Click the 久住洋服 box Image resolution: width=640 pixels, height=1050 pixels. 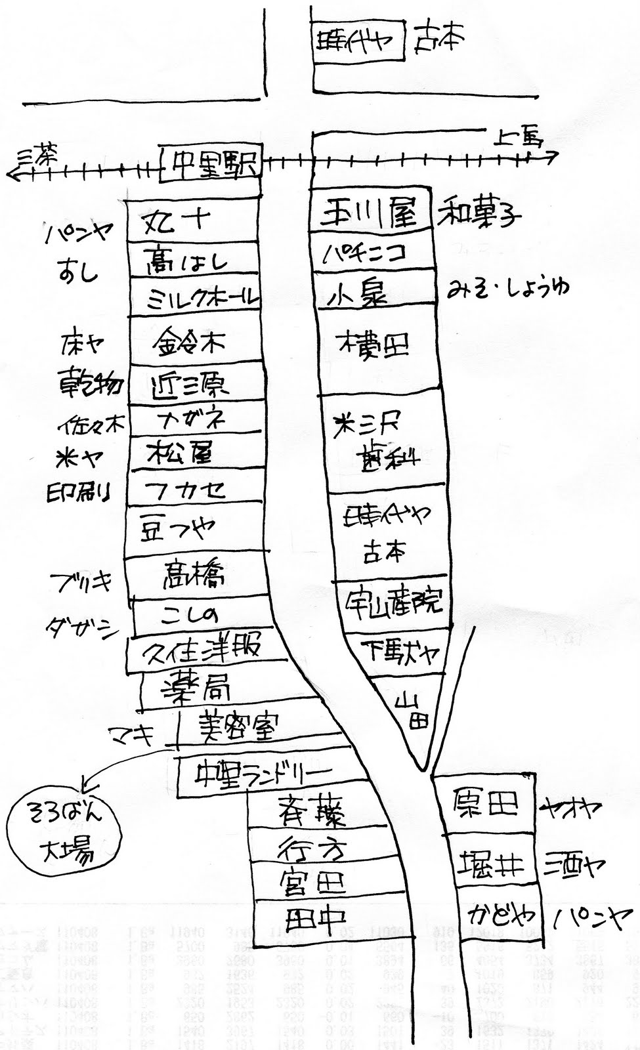coord(203,650)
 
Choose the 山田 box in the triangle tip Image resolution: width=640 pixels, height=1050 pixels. coord(412,712)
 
